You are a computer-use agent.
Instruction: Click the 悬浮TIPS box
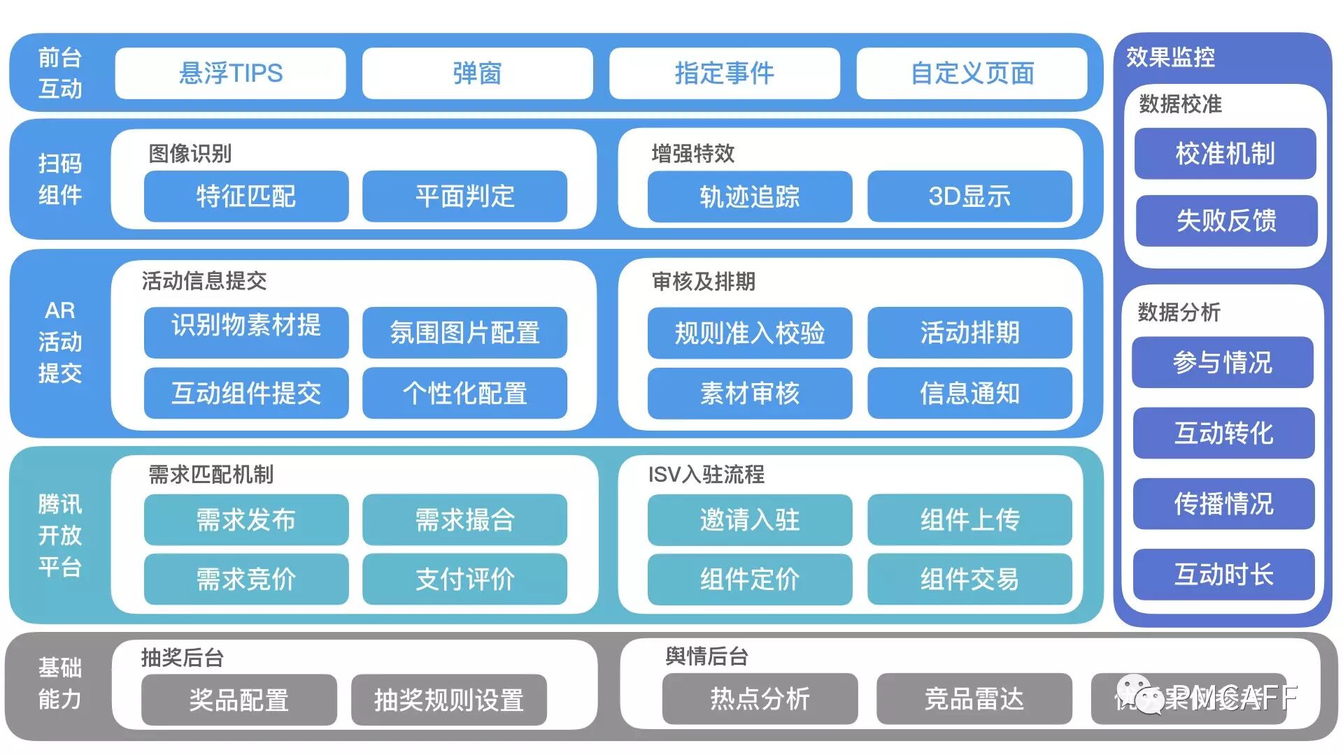pos(230,73)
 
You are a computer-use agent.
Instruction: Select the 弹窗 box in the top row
pos(477,73)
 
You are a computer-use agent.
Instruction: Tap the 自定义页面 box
pos(972,73)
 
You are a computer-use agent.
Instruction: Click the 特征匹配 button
pos(246,196)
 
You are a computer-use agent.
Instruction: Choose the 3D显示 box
pos(969,196)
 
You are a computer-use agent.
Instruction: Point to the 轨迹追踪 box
pos(749,196)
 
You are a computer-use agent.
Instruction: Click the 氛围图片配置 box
pos(464,333)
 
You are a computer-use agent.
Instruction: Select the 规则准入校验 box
pos(749,333)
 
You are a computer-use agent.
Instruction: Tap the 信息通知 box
pos(969,394)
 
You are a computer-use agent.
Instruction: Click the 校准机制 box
pos(1225,154)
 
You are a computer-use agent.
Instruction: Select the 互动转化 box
pos(1223,433)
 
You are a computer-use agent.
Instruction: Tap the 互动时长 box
pos(1223,575)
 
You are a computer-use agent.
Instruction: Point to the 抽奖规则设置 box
pos(448,700)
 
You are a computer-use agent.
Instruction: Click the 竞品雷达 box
pos(974,699)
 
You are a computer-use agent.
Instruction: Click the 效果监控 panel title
pos(1170,57)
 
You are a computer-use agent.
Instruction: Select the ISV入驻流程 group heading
pos(706,475)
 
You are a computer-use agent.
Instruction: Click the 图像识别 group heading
pos(190,153)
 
